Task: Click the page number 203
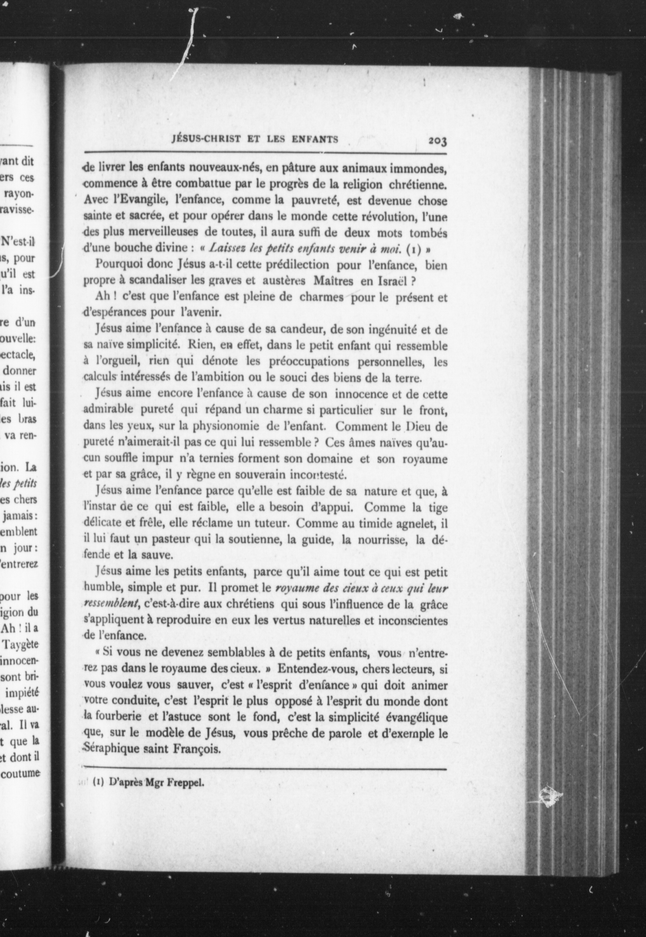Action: pos(437,141)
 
